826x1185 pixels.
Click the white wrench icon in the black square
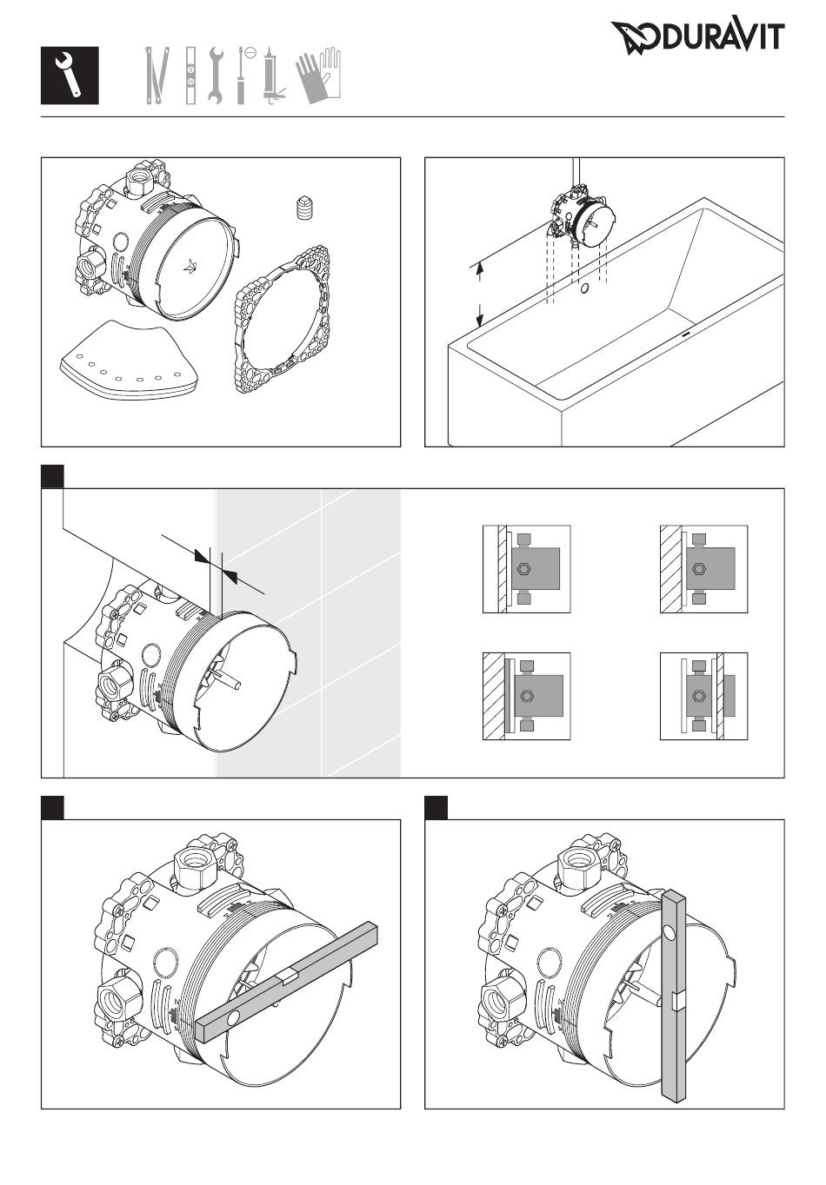[x=70, y=76]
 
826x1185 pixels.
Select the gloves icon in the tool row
[x=319, y=76]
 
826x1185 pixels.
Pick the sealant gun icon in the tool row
[x=271, y=77]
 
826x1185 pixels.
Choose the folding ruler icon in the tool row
[x=155, y=76]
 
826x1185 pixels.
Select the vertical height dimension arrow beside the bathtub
[x=479, y=295]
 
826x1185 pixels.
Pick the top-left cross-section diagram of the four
[x=526, y=569]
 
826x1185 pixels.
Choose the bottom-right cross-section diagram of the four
[x=703, y=696]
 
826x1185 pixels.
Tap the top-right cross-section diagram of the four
[x=703, y=569]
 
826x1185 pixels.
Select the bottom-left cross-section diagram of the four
[x=526, y=696]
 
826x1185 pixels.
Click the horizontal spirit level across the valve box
[x=286, y=981]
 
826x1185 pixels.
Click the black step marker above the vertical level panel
[x=436, y=807]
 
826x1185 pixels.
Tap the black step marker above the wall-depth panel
[x=53, y=476]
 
